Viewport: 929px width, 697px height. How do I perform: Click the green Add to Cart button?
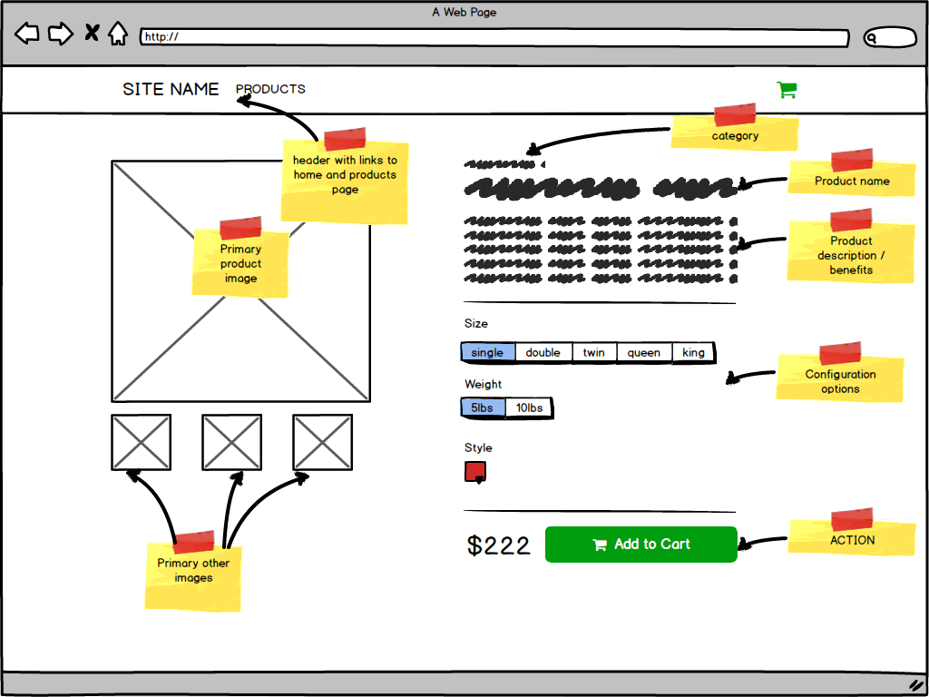tap(641, 545)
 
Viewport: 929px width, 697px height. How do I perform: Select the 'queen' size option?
tap(644, 352)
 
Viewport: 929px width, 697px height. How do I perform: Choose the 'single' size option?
tap(488, 352)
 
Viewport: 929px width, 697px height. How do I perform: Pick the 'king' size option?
tap(693, 352)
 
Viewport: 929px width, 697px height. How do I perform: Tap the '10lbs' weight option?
tap(529, 408)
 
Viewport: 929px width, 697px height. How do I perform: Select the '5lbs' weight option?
tap(483, 408)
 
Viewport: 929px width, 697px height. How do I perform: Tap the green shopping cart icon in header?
tap(787, 89)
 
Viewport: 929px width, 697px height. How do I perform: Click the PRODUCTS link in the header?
tap(270, 89)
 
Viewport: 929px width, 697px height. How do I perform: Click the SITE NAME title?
tap(171, 89)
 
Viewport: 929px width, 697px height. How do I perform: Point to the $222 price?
tap(499, 545)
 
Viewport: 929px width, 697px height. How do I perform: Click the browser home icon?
tap(118, 34)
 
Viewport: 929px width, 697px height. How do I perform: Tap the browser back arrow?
tap(27, 34)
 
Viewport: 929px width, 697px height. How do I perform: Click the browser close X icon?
tap(92, 34)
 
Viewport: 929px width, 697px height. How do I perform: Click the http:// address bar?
tap(494, 37)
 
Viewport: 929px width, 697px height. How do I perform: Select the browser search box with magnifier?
tap(890, 37)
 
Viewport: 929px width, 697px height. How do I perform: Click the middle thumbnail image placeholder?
tap(232, 442)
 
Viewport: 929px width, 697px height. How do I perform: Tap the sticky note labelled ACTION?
tap(852, 539)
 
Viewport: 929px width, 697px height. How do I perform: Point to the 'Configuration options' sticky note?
tap(840, 380)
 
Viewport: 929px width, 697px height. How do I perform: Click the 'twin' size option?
tap(594, 352)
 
